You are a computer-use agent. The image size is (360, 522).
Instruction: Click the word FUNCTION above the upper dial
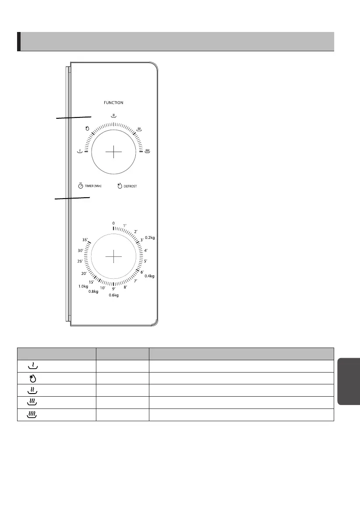pyautogui.click(x=113, y=103)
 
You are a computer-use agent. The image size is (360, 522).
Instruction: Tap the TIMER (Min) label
pyautogui.click(x=93, y=186)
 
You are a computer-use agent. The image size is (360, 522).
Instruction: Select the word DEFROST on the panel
pyautogui.click(x=130, y=186)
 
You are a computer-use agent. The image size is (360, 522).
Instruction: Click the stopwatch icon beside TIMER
pyautogui.click(x=81, y=186)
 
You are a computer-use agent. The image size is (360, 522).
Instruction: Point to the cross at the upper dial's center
pyautogui.click(x=114, y=152)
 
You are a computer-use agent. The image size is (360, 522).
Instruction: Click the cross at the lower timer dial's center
pyautogui.click(x=114, y=256)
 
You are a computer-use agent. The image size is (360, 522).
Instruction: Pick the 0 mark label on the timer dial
pyautogui.click(x=113, y=224)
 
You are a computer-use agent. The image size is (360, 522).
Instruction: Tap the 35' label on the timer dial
pyautogui.click(x=85, y=240)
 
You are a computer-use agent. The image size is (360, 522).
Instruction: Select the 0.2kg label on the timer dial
pyautogui.click(x=150, y=238)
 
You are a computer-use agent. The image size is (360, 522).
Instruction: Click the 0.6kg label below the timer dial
pyautogui.click(x=114, y=295)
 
